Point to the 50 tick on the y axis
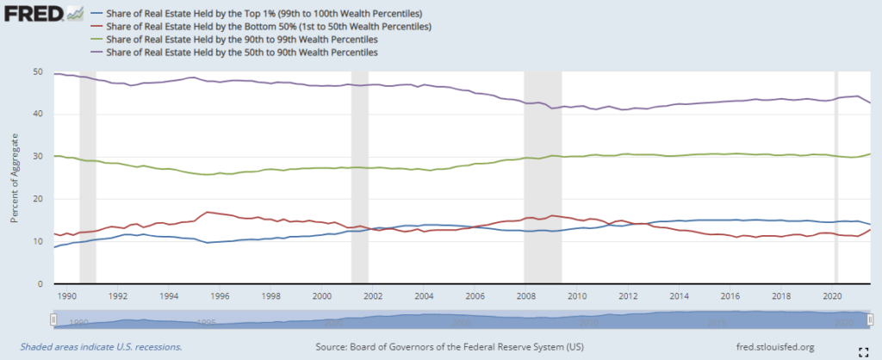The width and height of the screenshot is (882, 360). click(x=37, y=71)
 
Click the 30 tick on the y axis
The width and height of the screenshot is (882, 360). click(x=37, y=157)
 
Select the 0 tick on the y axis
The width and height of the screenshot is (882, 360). click(x=40, y=284)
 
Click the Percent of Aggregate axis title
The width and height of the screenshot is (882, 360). click(x=15, y=178)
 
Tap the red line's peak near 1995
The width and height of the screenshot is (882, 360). click(x=205, y=212)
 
